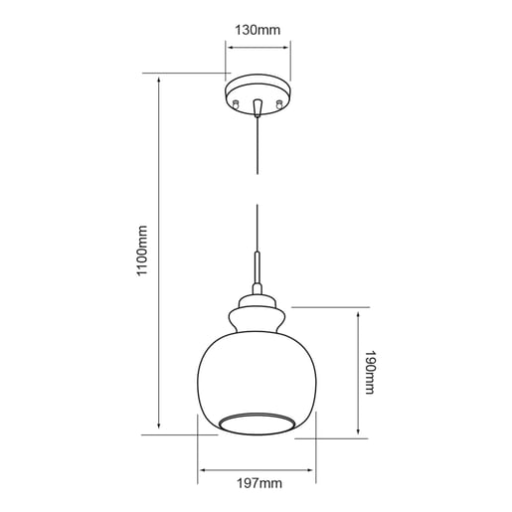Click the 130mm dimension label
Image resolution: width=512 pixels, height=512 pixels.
tap(256, 29)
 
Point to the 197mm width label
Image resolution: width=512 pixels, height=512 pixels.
tap(257, 485)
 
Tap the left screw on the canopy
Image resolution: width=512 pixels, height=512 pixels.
tap(235, 102)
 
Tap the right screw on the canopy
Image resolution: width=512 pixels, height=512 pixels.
tap(280, 102)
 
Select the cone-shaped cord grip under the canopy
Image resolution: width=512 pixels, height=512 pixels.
tap(257, 107)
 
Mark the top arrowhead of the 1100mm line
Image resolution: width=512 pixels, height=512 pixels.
tap(159, 78)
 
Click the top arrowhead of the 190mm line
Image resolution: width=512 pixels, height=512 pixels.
tap(358, 311)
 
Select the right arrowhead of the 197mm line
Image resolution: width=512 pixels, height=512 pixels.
tap(312, 468)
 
